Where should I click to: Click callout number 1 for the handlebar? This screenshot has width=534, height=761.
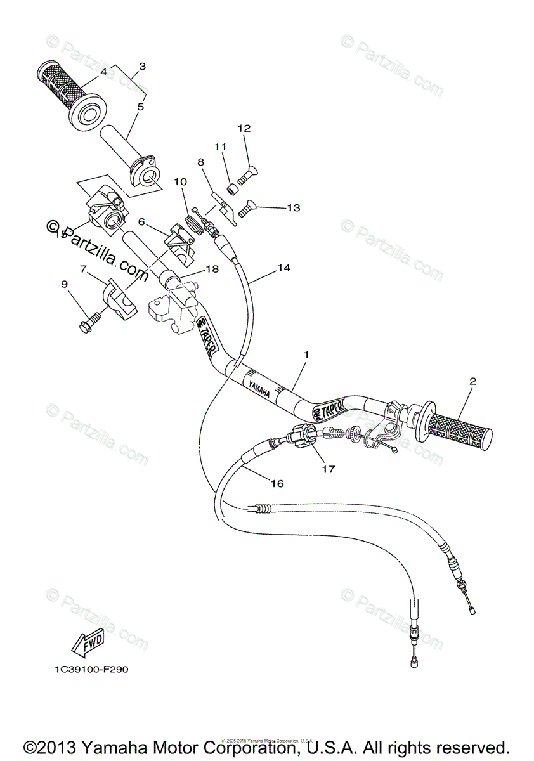click(x=306, y=355)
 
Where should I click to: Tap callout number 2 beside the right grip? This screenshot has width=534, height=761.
click(x=472, y=382)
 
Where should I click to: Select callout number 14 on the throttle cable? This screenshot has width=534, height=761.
click(x=283, y=268)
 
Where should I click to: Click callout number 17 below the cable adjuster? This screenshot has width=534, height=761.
click(x=328, y=469)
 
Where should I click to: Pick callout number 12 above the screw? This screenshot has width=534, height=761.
click(x=244, y=128)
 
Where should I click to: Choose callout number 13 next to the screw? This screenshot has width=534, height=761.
click(x=293, y=207)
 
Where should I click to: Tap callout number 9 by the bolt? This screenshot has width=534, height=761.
click(x=64, y=285)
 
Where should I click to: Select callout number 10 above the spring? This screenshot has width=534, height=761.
click(x=180, y=182)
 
